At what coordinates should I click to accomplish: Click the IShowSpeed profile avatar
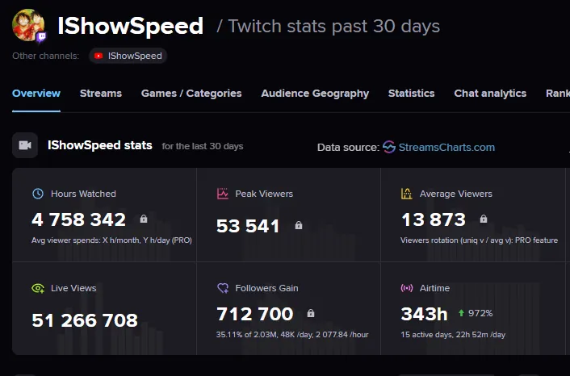click(28, 26)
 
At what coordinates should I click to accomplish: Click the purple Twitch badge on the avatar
click(42, 37)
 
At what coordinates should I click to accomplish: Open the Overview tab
click(36, 94)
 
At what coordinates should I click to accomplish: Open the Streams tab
click(101, 94)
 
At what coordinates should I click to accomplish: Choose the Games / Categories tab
click(191, 94)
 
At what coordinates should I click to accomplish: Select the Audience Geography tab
click(315, 94)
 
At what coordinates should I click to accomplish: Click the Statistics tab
click(411, 94)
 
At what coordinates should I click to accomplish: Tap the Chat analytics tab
click(490, 94)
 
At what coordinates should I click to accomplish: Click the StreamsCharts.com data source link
click(438, 147)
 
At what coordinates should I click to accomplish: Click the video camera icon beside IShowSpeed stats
click(25, 145)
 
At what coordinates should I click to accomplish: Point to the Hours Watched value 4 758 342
click(79, 219)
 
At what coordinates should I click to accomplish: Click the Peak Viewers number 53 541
click(248, 226)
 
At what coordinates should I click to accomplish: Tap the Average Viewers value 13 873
click(434, 219)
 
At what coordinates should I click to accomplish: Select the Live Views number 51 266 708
click(85, 320)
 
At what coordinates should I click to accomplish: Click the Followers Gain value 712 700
click(255, 313)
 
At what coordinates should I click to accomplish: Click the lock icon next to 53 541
click(299, 226)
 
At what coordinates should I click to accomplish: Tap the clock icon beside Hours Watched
click(38, 194)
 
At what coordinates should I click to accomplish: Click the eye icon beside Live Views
click(38, 288)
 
